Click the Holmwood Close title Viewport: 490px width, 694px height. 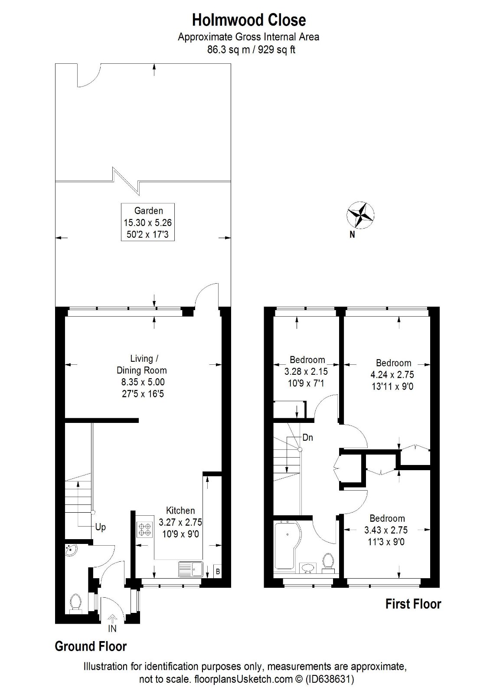[x=249, y=20]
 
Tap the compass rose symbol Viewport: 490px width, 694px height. [x=360, y=215]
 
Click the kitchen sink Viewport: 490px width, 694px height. [x=190, y=569]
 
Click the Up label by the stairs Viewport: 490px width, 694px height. [x=100, y=527]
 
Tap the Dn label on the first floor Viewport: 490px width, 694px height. [x=307, y=438]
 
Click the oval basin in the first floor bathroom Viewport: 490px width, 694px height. [x=308, y=568]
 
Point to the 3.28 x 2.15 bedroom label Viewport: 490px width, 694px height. [x=307, y=372]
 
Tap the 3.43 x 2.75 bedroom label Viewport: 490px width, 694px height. [x=387, y=530]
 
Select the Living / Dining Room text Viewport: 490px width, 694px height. [x=142, y=364]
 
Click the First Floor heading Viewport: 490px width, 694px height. [x=413, y=604]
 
